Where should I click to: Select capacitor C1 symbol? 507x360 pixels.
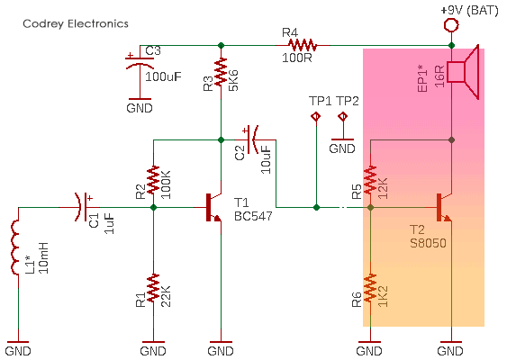pos(84,207)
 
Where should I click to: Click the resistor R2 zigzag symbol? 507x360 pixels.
pos(153,180)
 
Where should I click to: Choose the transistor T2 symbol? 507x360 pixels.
pos(443,207)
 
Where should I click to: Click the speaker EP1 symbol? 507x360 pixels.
pos(463,72)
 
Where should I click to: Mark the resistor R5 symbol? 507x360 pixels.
pos(372,180)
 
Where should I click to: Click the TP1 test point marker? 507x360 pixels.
pos(316,117)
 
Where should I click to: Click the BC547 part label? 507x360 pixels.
pos(253,217)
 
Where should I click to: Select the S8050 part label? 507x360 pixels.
pos(428,243)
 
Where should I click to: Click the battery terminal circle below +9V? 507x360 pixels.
pos(450,26)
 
